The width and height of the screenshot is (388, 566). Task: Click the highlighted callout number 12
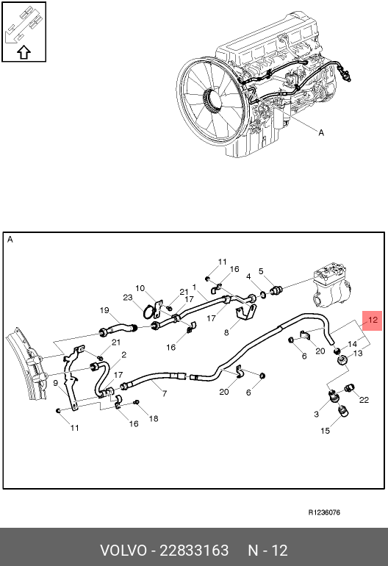click(x=373, y=320)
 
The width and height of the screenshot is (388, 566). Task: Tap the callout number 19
click(x=104, y=310)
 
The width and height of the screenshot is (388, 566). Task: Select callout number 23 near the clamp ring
click(x=128, y=298)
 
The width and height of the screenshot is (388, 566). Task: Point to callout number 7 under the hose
click(x=165, y=393)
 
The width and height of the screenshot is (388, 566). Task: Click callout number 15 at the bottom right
click(x=326, y=431)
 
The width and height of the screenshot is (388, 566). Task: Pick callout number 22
click(x=364, y=400)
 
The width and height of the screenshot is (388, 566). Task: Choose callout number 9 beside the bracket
click(x=56, y=383)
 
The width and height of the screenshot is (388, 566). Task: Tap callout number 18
click(x=154, y=418)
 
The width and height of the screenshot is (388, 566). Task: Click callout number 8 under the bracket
click(x=226, y=332)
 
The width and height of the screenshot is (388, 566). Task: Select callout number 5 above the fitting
click(x=261, y=271)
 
